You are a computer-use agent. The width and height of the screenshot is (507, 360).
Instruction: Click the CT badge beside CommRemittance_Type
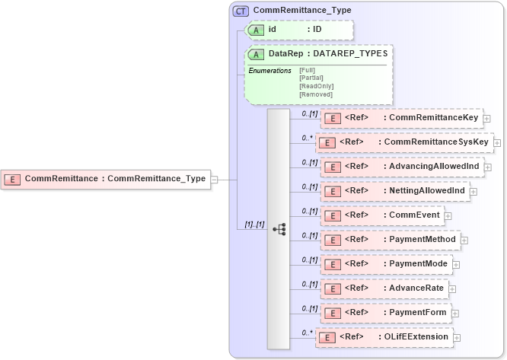pyautogui.click(x=241, y=11)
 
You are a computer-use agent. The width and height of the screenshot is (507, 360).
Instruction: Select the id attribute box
pyautogui.click(x=298, y=30)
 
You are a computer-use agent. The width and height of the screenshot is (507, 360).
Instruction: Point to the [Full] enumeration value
pyautogui.click(x=308, y=70)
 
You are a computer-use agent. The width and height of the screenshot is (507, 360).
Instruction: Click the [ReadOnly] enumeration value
pyautogui.click(x=317, y=86)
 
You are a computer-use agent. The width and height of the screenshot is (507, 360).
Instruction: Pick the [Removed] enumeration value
pyautogui.click(x=316, y=94)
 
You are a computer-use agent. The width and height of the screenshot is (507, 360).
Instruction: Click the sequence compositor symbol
pyautogui.click(x=279, y=228)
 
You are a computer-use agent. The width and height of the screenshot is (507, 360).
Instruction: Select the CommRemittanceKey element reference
pyautogui.click(x=400, y=118)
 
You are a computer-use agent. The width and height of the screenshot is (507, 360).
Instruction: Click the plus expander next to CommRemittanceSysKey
pyautogui.click(x=497, y=142)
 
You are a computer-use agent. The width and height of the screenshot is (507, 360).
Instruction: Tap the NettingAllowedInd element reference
pyautogui.click(x=394, y=191)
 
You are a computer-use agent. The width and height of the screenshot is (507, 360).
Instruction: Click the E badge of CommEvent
pyautogui.click(x=332, y=216)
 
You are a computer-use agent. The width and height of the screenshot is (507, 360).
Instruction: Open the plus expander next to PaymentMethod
pyautogui.click(x=464, y=240)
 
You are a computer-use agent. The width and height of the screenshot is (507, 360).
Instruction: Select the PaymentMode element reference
pyautogui.click(x=385, y=264)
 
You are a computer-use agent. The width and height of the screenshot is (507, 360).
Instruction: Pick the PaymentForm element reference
pyautogui.click(x=384, y=313)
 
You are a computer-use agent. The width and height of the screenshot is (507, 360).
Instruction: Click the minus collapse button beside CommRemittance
pyautogui.click(x=214, y=180)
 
